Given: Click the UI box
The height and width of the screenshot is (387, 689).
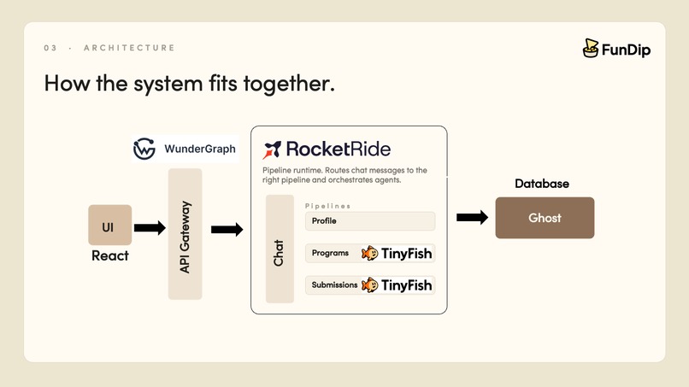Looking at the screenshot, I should [109, 226].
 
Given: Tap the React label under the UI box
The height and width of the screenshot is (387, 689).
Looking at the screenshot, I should [110, 255].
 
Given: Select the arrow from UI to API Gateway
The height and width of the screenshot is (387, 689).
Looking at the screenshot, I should [150, 227].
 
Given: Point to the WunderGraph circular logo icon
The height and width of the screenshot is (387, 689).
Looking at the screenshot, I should [144, 149].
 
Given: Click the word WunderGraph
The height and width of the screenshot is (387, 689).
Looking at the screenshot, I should [200, 150].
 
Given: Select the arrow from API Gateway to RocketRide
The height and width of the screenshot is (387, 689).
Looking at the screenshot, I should [227, 230].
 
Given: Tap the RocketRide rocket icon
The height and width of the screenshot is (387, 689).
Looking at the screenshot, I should [272, 150].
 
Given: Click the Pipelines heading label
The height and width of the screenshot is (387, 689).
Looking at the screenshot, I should [328, 206].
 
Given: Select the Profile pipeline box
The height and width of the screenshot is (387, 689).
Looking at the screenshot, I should [369, 221].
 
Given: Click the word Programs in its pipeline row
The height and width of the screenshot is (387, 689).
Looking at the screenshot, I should [330, 253].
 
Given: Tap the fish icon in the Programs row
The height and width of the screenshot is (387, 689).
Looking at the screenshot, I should [369, 253].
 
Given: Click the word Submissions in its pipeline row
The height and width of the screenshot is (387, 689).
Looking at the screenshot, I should [334, 285].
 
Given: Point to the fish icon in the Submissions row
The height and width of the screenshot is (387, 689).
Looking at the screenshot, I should [369, 285].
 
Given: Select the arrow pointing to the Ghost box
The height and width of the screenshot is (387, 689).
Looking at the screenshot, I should [472, 218].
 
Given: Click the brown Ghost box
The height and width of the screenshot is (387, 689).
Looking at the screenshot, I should [545, 218].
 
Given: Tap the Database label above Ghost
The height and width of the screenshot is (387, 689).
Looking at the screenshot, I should [542, 184].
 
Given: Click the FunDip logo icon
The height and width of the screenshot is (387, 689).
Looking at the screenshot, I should [591, 49].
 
